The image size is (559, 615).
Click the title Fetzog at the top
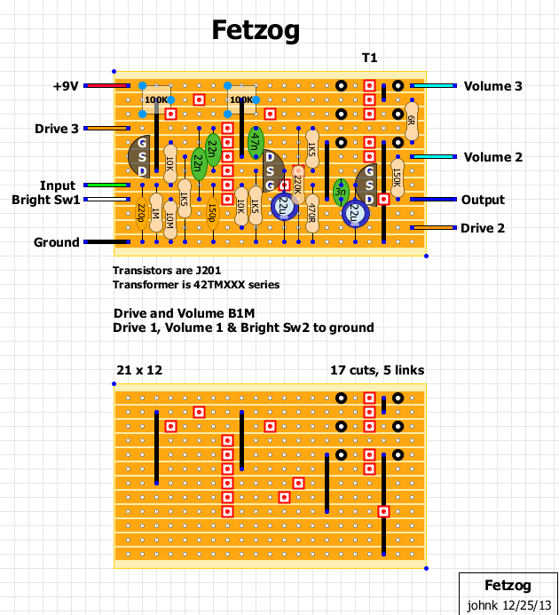(x=256, y=31)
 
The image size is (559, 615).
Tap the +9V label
(x=66, y=86)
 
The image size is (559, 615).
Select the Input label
(x=58, y=185)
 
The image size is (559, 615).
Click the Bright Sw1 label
(x=45, y=200)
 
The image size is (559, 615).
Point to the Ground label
(x=57, y=242)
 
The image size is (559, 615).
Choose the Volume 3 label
(x=492, y=86)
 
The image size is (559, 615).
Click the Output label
(x=483, y=200)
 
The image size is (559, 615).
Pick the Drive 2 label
(x=483, y=228)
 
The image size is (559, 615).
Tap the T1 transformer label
(x=369, y=58)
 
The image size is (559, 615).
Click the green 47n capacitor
(x=256, y=142)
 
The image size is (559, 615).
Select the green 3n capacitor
(x=340, y=191)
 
